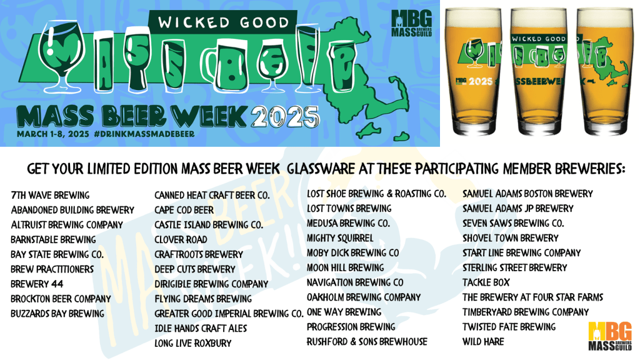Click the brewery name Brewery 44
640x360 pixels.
[37, 284]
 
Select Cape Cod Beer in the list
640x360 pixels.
[184, 210]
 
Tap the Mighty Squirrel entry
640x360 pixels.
[340, 238]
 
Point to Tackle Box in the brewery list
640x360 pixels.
[486, 282]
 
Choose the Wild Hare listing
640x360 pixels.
[483, 342]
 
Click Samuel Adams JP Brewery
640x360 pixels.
[518, 209]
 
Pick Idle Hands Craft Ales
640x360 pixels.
[201, 329]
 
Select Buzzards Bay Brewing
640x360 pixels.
[57, 314]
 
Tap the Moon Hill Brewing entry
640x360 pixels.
[345, 267]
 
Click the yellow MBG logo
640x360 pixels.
[610, 336]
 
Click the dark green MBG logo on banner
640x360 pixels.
[411, 23]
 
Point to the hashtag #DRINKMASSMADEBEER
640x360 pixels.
[144, 134]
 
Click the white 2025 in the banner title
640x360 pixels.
[284, 117]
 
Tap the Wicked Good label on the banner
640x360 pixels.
[223, 22]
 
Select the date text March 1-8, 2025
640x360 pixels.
[53, 134]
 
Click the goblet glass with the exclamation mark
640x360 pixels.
[61, 55]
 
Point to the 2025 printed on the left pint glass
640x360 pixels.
[481, 82]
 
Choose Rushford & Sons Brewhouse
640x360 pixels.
[367, 342]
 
